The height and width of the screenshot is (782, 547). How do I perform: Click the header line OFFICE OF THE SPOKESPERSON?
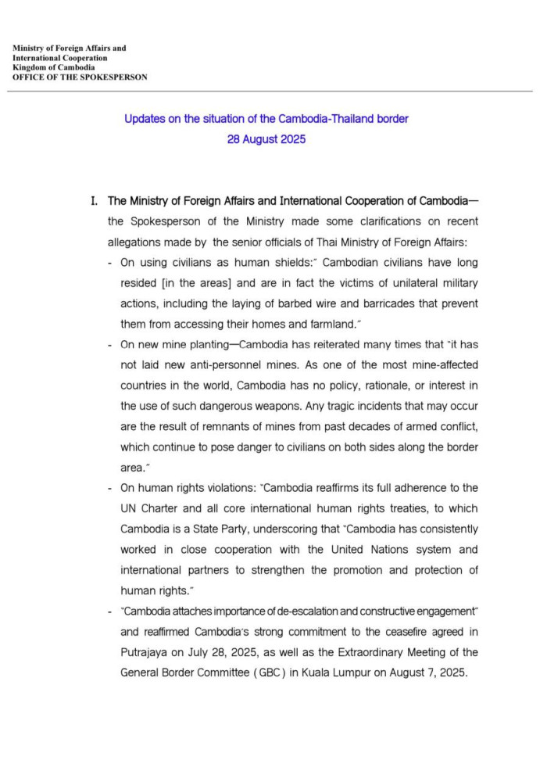tap(80, 77)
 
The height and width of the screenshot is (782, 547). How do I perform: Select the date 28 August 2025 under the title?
tap(266, 140)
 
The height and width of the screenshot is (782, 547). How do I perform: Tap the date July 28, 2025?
tap(227, 651)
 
